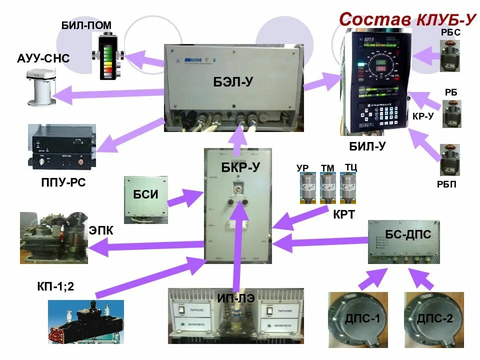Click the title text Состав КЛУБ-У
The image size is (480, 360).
click(406, 19)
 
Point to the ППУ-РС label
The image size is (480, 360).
click(64, 183)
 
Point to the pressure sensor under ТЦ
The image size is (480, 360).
click(348, 188)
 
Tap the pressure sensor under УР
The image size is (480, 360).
click(307, 188)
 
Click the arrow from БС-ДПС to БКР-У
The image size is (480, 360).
click(320, 243)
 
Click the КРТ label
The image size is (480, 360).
click(344, 215)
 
